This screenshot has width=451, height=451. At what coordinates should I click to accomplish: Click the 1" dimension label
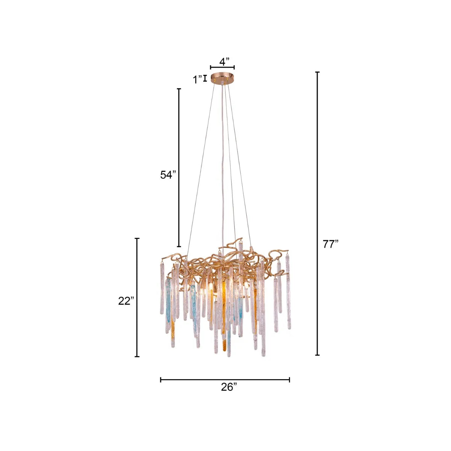(x=198, y=80)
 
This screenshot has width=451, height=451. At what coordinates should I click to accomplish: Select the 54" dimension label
(x=168, y=175)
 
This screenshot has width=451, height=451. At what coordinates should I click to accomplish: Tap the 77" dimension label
(x=331, y=244)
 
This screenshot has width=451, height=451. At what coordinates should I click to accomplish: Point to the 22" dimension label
(x=126, y=301)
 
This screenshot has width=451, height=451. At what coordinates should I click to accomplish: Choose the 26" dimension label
(x=229, y=387)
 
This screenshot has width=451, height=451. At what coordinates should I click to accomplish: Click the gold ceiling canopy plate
(x=222, y=78)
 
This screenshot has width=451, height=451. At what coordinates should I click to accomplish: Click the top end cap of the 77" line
(x=318, y=72)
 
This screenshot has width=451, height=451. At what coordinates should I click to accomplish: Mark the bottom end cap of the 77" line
(x=318, y=355)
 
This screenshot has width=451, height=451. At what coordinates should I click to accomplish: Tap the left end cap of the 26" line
(x=161, y=380)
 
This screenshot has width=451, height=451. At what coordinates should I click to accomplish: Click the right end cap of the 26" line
(x=289, y=380)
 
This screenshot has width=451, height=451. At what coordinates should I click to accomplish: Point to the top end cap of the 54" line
(x=179, y=89)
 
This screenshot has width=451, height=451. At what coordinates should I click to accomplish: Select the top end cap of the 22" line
(x=137, y=238)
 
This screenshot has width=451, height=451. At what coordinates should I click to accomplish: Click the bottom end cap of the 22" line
(x=137, y=356)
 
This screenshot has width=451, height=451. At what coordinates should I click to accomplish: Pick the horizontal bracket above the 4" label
(x=222, y=67)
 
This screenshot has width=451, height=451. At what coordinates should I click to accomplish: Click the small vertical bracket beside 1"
(x=205, y=79)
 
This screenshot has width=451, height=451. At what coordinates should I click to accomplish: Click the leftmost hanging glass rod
(x=162, y=288)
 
